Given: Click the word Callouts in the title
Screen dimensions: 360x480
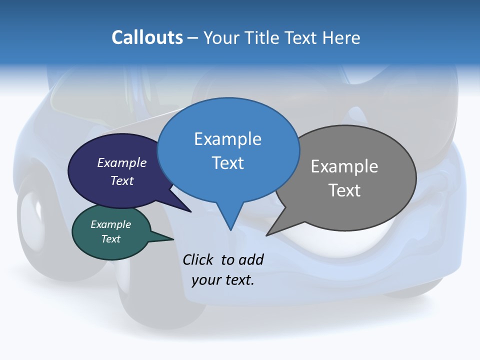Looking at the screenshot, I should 147,38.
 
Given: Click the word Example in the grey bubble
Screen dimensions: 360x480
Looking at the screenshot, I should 344,166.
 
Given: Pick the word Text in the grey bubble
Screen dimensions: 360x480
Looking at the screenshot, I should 344,190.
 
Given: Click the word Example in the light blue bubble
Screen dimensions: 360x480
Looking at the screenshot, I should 228,139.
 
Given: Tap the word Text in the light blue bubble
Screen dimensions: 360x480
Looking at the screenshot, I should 228,163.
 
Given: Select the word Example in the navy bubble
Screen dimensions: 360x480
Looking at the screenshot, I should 122,163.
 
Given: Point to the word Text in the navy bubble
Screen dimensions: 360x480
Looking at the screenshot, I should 122,180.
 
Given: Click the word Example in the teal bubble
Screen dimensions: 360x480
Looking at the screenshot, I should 111,225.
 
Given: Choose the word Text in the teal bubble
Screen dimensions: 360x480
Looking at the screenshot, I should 111,239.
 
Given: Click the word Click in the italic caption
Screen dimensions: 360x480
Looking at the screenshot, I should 198,259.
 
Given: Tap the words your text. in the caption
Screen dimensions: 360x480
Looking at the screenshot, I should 223,280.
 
